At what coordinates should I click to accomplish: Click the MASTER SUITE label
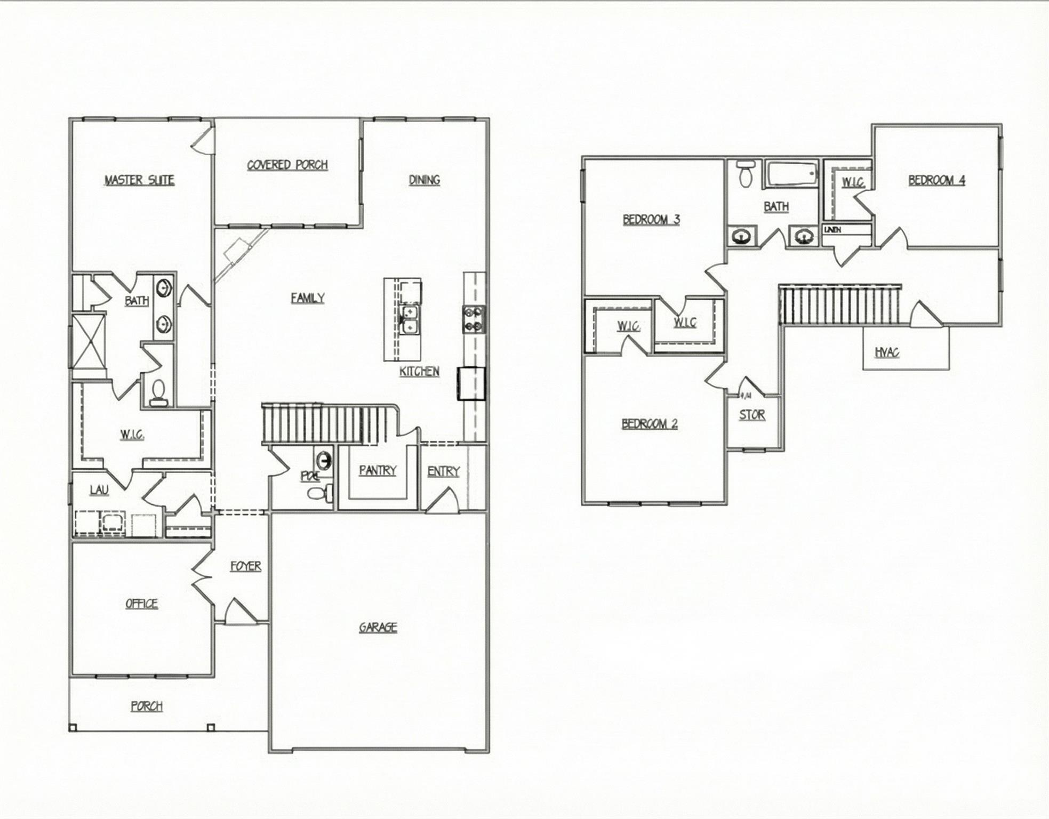coord(139,180)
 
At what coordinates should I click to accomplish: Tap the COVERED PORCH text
coord(287,165)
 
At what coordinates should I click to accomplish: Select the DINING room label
coord(425,180)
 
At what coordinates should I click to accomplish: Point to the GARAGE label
coord(378,627)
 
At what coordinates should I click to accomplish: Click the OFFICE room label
coord(141,604)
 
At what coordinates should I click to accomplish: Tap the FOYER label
coord(246,566)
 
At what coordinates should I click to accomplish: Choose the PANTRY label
coord(378,470)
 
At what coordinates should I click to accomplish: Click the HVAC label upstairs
coord(887,352)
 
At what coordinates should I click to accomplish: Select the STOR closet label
coord(752,415)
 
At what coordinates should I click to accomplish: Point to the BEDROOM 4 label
coord(936,180)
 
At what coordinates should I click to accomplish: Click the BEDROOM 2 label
coord(650,424)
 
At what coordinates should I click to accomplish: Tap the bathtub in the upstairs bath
coord(791,174)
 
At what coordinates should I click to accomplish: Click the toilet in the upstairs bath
coord(746,174)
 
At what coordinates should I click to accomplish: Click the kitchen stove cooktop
coord(474,319)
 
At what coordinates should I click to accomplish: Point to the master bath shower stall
coord(89,341)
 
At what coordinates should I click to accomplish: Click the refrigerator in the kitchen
coord(471,383)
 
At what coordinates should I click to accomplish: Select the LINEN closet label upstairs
coord(832,229)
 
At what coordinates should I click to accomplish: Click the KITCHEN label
coord(419,372)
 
